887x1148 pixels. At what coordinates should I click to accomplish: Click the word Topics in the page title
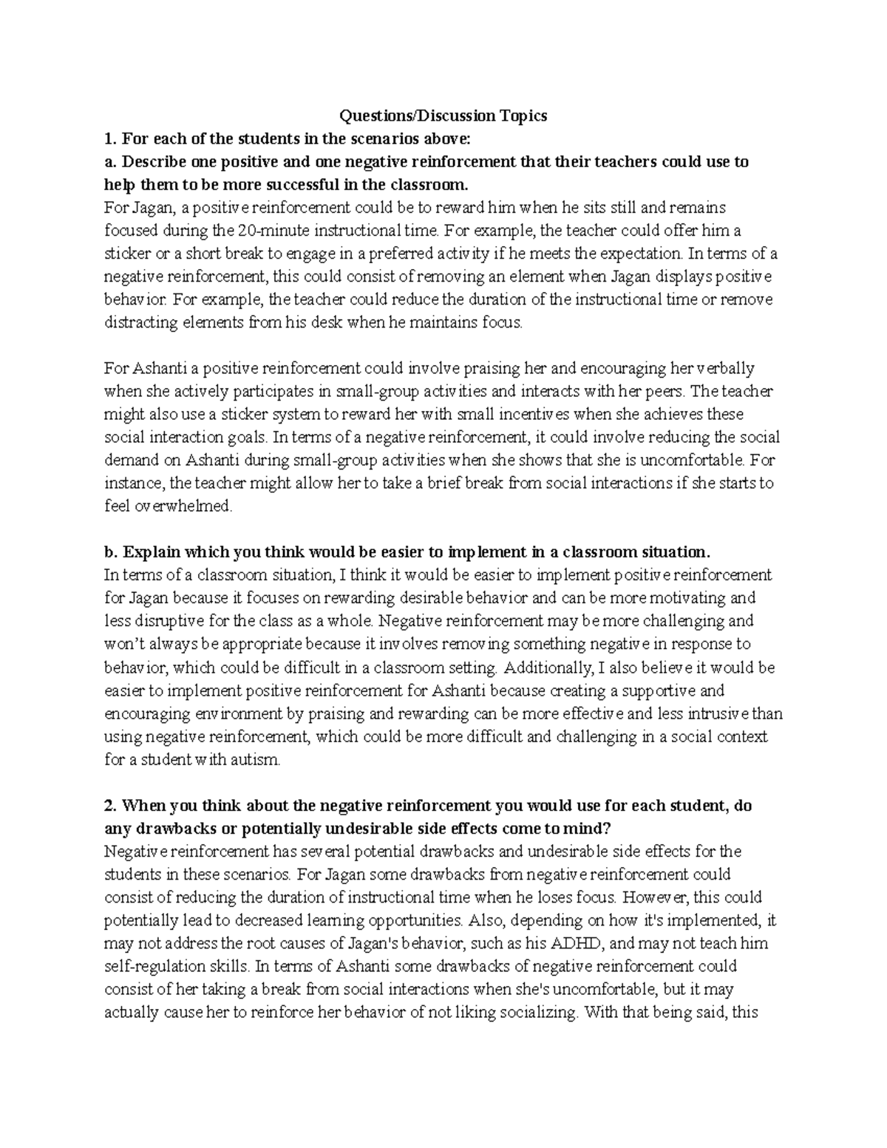click(523, 115)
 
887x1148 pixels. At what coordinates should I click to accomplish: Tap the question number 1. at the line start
click(110, 138)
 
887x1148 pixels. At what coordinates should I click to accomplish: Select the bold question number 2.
click(110, 805)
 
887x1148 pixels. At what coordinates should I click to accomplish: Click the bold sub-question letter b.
click(111, 552)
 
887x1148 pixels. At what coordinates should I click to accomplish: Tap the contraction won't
click(125, 645)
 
